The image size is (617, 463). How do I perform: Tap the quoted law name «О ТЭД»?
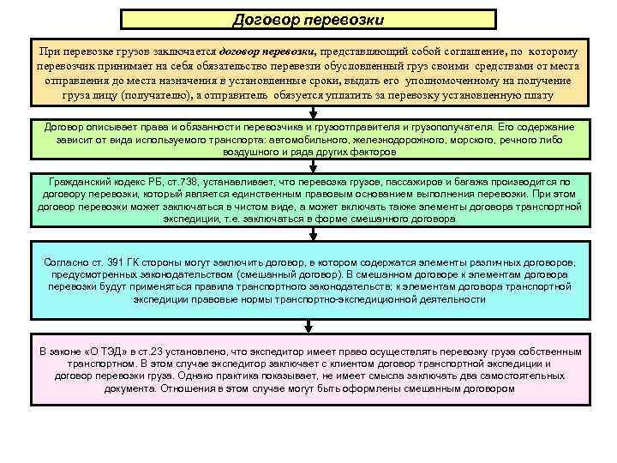[108, 352]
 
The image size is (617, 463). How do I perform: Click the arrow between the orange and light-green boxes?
[313, 112]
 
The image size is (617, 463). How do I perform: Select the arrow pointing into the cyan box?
[313, 239]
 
